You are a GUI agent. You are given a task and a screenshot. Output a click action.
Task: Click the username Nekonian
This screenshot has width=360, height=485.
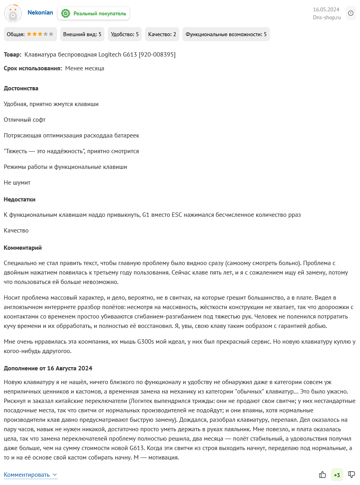(x=40, y=13)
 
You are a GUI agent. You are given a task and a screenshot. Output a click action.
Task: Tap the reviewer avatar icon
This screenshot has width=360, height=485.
(x=13, y=13)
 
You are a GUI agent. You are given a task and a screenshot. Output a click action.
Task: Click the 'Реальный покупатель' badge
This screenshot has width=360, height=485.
(x=94, y=13)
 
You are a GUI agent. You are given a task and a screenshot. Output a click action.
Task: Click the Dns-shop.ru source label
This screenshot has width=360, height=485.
(x=327, y=17)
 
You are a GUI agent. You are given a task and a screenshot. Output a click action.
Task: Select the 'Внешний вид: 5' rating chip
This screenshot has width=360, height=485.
(x=82, y=34)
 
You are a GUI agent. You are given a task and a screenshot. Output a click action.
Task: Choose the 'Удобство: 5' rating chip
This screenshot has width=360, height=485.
(x=125, y=34)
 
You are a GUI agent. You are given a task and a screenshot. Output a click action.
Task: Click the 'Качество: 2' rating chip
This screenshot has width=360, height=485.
(x=162, y=34)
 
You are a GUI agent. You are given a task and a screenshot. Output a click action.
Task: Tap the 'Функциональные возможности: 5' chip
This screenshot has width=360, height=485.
(x=226, y=34)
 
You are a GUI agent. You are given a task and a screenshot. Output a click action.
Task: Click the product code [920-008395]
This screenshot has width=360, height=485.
(x=157, y=55)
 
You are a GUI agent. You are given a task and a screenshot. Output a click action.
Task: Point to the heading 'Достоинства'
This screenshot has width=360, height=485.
(x=21, y=88)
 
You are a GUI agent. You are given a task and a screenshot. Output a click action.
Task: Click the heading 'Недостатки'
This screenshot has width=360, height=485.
(x=20, y=199)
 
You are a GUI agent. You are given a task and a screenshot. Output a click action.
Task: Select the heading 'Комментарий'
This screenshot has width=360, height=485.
(x=23, y=248)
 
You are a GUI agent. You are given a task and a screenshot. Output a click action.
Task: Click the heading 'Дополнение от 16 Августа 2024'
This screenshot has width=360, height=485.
(x=48, y=368)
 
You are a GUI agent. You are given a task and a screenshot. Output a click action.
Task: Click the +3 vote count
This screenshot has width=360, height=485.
(x=337, y=475)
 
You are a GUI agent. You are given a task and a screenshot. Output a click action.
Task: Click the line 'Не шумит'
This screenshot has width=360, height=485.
(x=17, y=183)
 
